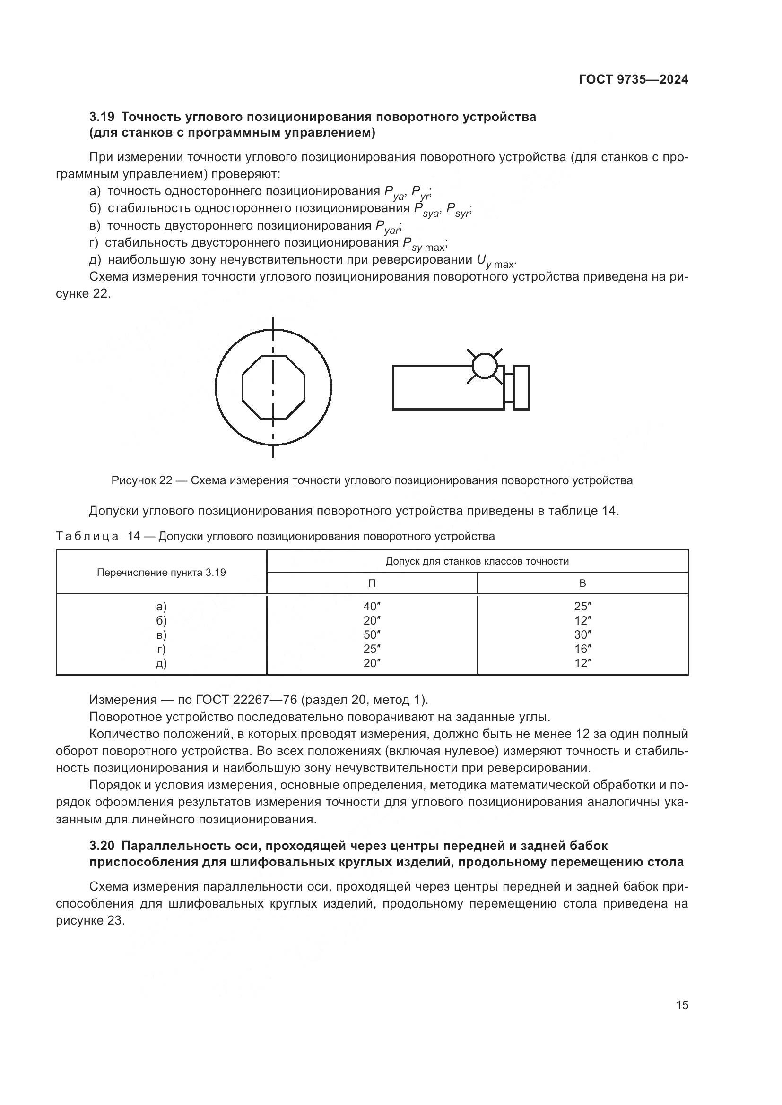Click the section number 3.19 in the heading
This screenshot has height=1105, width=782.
101,117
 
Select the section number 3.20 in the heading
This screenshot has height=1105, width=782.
101,846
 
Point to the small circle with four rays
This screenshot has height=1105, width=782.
485,366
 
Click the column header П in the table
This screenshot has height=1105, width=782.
372,583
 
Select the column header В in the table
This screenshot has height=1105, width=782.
582,583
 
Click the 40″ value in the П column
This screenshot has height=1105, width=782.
372,607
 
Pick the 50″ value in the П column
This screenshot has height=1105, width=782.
372,635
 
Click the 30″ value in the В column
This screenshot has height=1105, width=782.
582,635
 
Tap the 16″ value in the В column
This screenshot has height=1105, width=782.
582,649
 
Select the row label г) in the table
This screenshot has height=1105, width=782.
161,649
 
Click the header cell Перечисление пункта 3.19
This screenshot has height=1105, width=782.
161,573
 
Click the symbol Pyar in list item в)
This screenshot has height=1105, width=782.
388,227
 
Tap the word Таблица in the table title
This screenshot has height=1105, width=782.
87,536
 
